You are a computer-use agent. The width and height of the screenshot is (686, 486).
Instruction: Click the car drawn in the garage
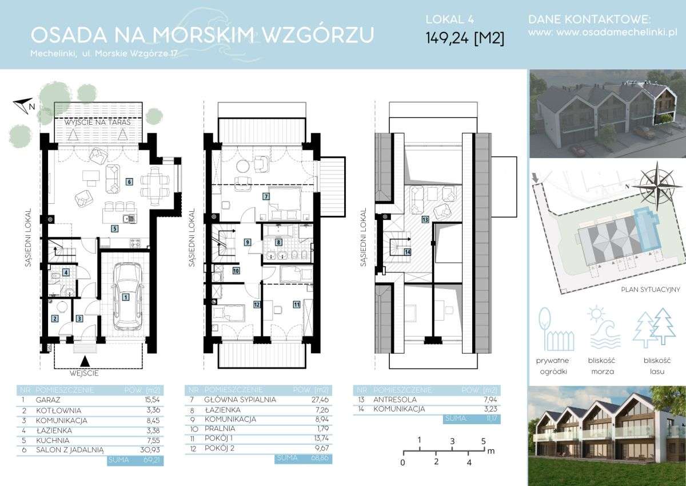tap(125, 297)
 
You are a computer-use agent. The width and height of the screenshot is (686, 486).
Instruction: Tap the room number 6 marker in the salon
tap(129, 182)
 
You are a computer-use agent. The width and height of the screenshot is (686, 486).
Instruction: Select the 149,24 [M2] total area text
tap(465, 38)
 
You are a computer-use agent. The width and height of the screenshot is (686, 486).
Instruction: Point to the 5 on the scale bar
tap(484, 441)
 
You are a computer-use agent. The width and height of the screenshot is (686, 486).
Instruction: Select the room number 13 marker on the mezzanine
tap(425, 219)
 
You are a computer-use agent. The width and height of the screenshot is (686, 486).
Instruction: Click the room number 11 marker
tap(297, 305)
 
